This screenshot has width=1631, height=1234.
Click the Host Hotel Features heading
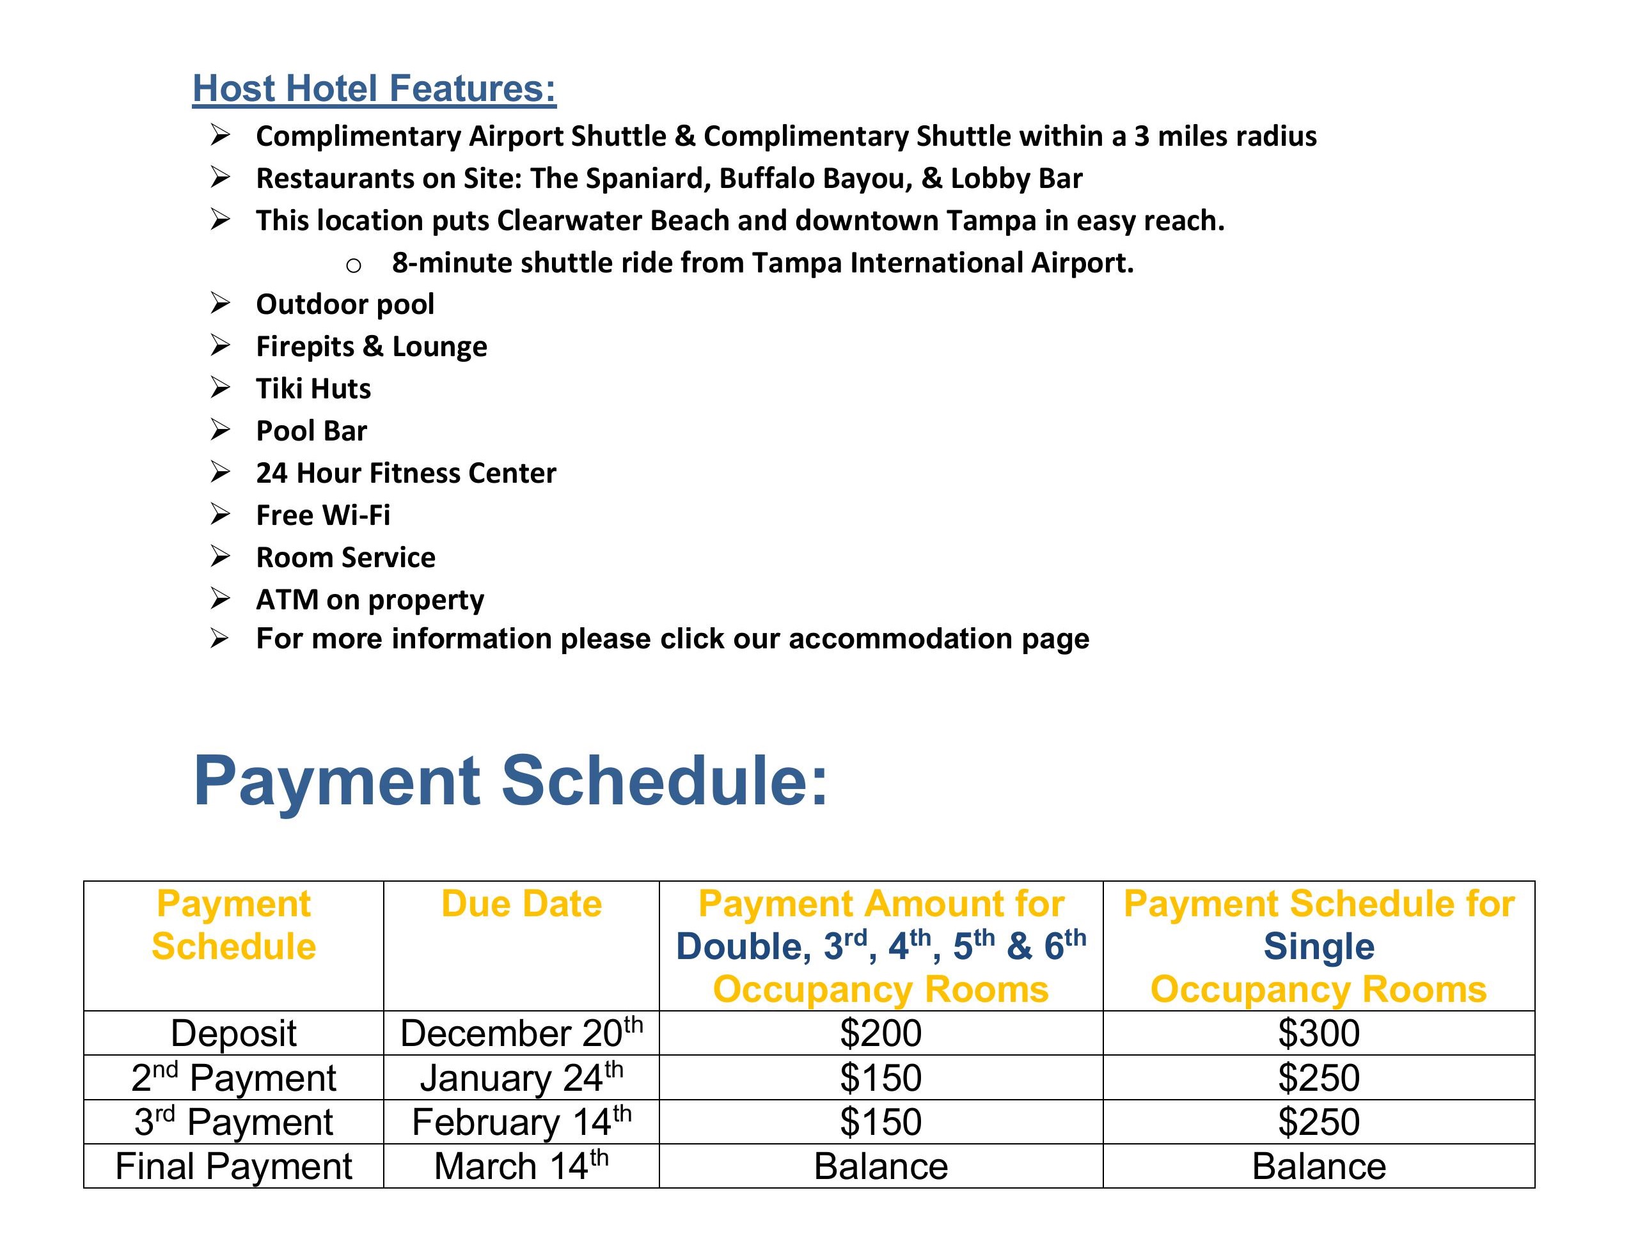click(x=374, y=88)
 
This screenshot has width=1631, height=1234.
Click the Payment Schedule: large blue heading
click(x=510, y=781)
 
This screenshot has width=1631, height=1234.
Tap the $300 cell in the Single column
click(x=1318, y=1033)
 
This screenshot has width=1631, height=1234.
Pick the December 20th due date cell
click(x=521, y=1033)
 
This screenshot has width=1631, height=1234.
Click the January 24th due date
click(x=521, y=1079)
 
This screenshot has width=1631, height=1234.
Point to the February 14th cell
click(x=521, y=1123)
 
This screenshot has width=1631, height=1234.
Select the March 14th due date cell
click(x=521, y=1167)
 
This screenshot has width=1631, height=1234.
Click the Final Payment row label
click(x=233, y=1167)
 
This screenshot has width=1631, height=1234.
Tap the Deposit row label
click(x=233, y=1033)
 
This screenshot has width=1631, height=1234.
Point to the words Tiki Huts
click(x=313, y=389)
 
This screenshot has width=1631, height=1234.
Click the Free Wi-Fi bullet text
click(x=323, y=515)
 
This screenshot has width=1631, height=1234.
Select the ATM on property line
click(x=370, y=600)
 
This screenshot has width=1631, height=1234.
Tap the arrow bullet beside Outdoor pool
click(x=220, y=303)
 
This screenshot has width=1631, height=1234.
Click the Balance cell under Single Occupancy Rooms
click(x=1318, y=1167)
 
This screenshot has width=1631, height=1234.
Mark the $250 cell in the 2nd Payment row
click(x=1318, y=1079)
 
